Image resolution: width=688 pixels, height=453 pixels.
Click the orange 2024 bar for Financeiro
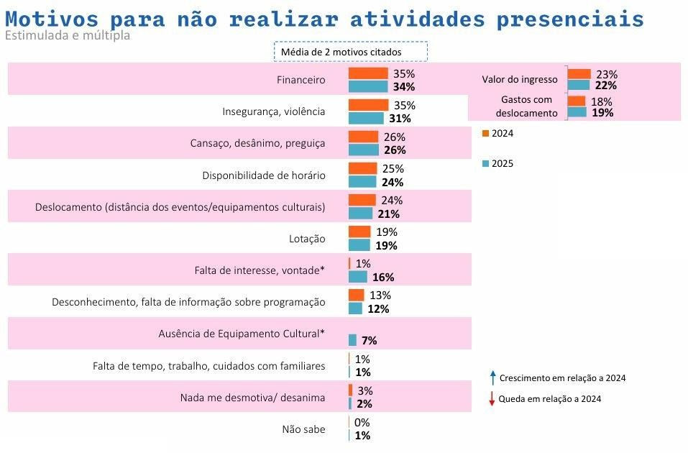click(x=368, y=73)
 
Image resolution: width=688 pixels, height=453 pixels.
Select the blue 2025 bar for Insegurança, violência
click(x=366, y=119)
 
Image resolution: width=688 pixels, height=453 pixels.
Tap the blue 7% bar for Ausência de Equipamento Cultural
click(x=352, y=340)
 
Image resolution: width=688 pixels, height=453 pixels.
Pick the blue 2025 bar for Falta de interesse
click(x=358, y=277)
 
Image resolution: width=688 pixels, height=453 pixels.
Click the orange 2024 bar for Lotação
click(x=359, y=232)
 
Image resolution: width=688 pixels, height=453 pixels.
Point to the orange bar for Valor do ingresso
click(x=579, y=74)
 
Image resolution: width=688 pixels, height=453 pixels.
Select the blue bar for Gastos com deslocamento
click(x=577, y=112)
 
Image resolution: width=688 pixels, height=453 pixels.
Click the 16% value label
click(x=383, y=278)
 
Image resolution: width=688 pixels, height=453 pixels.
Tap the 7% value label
click(x=370, y=341)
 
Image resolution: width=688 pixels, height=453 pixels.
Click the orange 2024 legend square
click(x=485, y=133)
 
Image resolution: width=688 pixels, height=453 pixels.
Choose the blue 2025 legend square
click(x=485, y=164)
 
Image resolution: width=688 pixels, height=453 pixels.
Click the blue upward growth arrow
click(x=492, y=377)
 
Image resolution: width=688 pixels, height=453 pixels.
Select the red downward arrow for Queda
click(x=492, y=399)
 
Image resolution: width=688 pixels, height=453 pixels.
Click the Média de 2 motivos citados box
click(x=350, y=52)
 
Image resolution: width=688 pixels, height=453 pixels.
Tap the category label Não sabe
click(x=303, y=429)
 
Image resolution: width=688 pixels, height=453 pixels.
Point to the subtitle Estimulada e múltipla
click(x=68, y=35)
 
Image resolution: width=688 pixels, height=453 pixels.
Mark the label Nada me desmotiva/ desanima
click(x=252, y=398)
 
